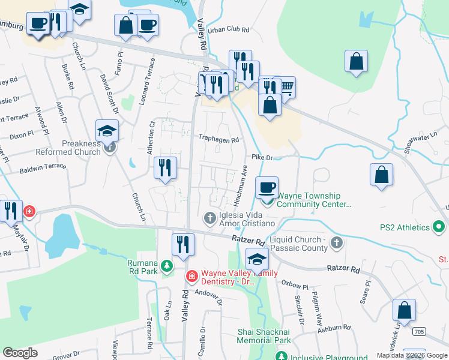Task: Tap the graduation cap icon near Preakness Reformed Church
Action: [x=107, y=131]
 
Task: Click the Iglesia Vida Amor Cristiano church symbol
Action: [x=210, y=217]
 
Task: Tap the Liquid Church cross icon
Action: [x=337, y=243]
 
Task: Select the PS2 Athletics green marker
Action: [x=439, y=227]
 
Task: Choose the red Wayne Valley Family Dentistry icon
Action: [x=191, y=276]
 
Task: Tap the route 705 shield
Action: [x=420, y=331]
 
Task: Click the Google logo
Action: [x=20, y=353]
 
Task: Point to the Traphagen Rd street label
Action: [x=219, y=139]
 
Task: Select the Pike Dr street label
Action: [x=262, y=157]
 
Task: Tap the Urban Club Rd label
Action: [x=228, y=29]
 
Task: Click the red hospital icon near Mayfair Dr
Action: [x=28, y=211]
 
